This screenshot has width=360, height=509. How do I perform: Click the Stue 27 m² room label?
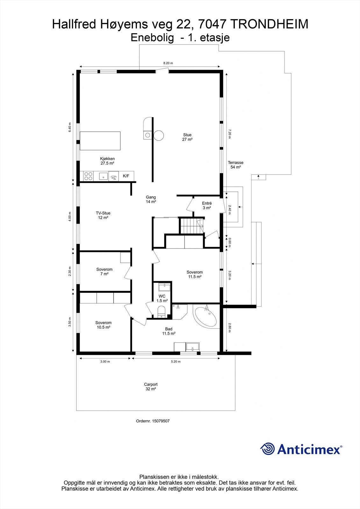pyautogui.click(x=187, y=137)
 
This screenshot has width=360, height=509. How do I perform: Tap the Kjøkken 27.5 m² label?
pyautogui.click(x=107, y=161)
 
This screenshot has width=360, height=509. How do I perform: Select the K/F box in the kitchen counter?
pyautogui.click(x=126, y=176)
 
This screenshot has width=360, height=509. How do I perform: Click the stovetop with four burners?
pyautogui.click(x=88, y=176)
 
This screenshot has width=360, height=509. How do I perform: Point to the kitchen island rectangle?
pyautogui.click(x=100, y=141)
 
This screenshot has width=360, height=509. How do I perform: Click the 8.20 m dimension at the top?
pyautogui.click(x=168, y=63)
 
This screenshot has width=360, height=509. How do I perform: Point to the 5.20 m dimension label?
pyautogui.click(x=175, y=361)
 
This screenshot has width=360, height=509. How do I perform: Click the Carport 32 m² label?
pyautogui.click(x=151, y=387)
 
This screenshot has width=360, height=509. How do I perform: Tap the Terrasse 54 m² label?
pyautogui.click(x=236, y=165)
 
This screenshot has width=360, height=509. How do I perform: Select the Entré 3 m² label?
pyautogui.click(x=207, y=206)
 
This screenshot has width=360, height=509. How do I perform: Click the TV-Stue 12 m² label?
pyautogui.click(x=103, y=215)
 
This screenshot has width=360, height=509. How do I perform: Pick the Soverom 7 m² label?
pyautogui.click(x=104, y=271)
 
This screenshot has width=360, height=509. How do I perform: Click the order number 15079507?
pyautogui.click(x=153, y=421)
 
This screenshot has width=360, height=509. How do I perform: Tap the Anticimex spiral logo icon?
pyautogui.click(x=268, y=449)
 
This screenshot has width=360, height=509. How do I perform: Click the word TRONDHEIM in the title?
pyautogui.click(x=269, y=24)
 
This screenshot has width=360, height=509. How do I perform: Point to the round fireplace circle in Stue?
pyautogui.click(x=159, y=136)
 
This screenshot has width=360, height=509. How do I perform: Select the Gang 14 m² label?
pyautogui.click(x=151, y=199)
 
